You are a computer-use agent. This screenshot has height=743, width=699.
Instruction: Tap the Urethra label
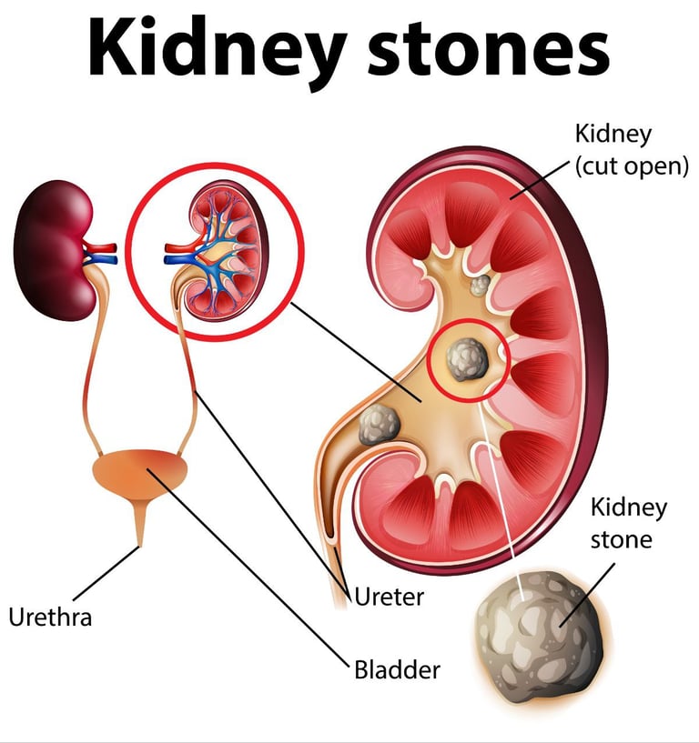click(50, 617)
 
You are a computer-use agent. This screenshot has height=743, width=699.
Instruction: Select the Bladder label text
click(397, 671)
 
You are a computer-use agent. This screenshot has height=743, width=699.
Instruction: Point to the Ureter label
click(390, 598)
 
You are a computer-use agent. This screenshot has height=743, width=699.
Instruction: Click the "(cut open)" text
click(632, 167)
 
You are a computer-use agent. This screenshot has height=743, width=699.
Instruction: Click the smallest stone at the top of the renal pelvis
click(479, 286)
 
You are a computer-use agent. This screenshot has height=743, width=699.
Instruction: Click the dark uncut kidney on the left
click(54, 238)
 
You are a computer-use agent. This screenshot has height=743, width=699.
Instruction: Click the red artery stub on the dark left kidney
click(103, 247)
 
